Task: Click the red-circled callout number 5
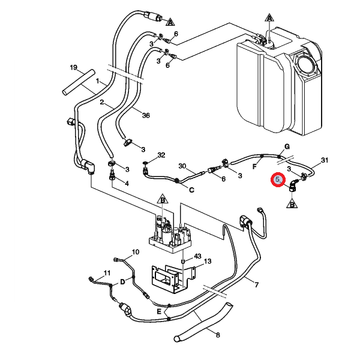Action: (x=278, y=179)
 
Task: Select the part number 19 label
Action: (x=73, y=67)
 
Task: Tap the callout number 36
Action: (x=146, y=115)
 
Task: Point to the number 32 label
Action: (x=161, y=155)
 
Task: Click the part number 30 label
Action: (x=182, y=166)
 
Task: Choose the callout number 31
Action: (x=324, y=160)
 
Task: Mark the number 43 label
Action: (x=197, y=256)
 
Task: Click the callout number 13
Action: (x=208, y=261)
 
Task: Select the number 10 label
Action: (x=136, y=252)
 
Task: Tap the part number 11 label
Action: (x=107, y=273)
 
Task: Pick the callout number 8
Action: (x=218, y=335)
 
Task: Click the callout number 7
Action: (x=256, y=285)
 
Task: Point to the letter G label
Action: (x=287, y=146)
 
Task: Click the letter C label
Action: (x=191, y=190)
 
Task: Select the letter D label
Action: (x=122, y=281)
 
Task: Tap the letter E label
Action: (x=159, y=311)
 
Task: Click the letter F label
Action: (x=254, y=167)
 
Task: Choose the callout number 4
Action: (x=127, y=184)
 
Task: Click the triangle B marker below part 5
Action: (x=292, y=203)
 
